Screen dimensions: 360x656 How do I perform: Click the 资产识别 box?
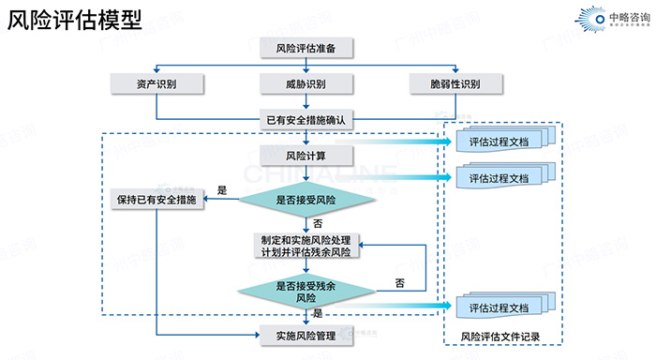tap(157, 84)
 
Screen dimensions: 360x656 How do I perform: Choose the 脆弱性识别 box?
tap(456, 84)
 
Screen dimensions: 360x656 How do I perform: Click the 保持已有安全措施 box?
tap(157, 200)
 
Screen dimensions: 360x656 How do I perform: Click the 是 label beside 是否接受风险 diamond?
tap(222, 189)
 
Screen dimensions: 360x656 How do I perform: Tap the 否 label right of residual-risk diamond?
tap(399, 282)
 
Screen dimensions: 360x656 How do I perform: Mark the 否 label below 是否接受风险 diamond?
tap(318, 223)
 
